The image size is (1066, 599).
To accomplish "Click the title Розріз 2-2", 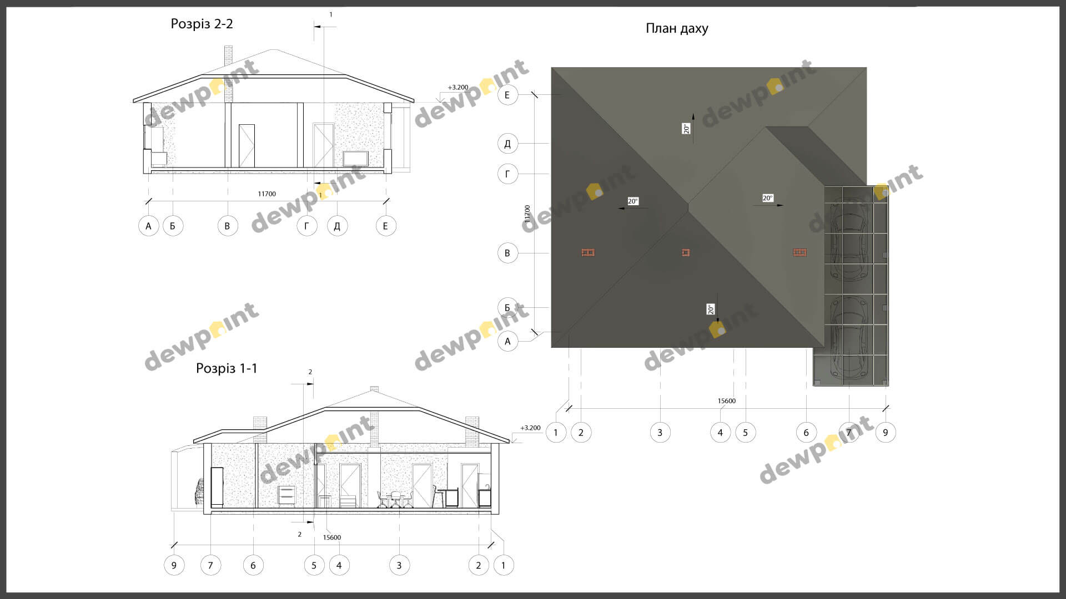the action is tap(202, 24).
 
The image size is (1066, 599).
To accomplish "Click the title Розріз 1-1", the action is tap(227, 369).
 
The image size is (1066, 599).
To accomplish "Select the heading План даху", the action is tap(677, 29).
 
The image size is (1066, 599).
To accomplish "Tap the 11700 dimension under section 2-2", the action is tap(266, 194).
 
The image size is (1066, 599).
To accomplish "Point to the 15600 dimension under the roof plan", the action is tap(726, 401).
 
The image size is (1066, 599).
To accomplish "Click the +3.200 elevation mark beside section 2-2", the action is tap(458, 88).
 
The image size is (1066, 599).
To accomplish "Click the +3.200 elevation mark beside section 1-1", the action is tap(530, 428).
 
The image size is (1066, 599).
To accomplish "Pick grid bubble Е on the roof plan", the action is tap(507, 95).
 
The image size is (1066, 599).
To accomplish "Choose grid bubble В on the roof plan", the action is tap(507, 253).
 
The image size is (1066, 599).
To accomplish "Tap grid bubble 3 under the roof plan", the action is tap(660, 433).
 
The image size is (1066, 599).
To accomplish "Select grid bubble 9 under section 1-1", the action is tap(174, 565).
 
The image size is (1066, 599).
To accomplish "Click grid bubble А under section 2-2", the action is tap(148, 226).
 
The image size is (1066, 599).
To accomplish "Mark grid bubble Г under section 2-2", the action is tap(306, 226).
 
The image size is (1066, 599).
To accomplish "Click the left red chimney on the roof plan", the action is tap(588, 253).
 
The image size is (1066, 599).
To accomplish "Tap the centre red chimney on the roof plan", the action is tap(686, 253).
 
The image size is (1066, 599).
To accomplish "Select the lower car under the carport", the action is tap(848, 338).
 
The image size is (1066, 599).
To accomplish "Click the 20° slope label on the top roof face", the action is tap(687, 129).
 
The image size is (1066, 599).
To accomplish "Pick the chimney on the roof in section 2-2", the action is tap(228, 74).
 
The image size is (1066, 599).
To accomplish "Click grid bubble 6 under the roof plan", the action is tap(806, 433).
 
